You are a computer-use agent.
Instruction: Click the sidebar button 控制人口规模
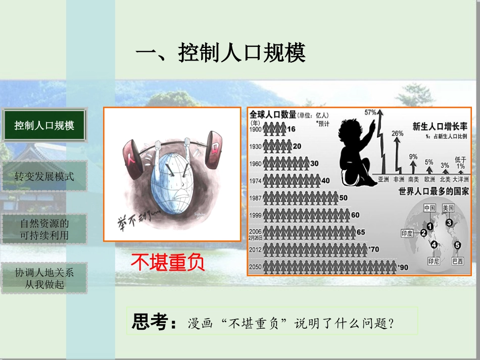[x=44, y=125]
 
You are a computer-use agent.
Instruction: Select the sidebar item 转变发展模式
[x=44, y=176]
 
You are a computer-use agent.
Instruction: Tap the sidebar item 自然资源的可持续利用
[x=44, y=229]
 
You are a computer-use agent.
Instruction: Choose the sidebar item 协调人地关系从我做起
[x=44, y=278]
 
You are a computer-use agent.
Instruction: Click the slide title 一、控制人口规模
[x=220, y=53]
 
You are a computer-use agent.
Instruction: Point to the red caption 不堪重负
[x=168, y=262]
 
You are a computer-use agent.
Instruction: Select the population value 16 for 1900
[x=291, y=129]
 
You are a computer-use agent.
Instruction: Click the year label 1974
[x=256, y=181]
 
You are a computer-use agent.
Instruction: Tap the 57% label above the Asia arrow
[x=371, y=112]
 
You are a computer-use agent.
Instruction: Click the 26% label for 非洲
[x=397, y=133]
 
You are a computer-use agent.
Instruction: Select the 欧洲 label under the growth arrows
[x=429, y=179]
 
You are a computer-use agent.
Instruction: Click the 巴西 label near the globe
[x=458, y=262]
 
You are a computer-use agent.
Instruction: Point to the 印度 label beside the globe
[x=407, y=234]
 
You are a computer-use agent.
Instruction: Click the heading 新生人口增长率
[x=440, y=126]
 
